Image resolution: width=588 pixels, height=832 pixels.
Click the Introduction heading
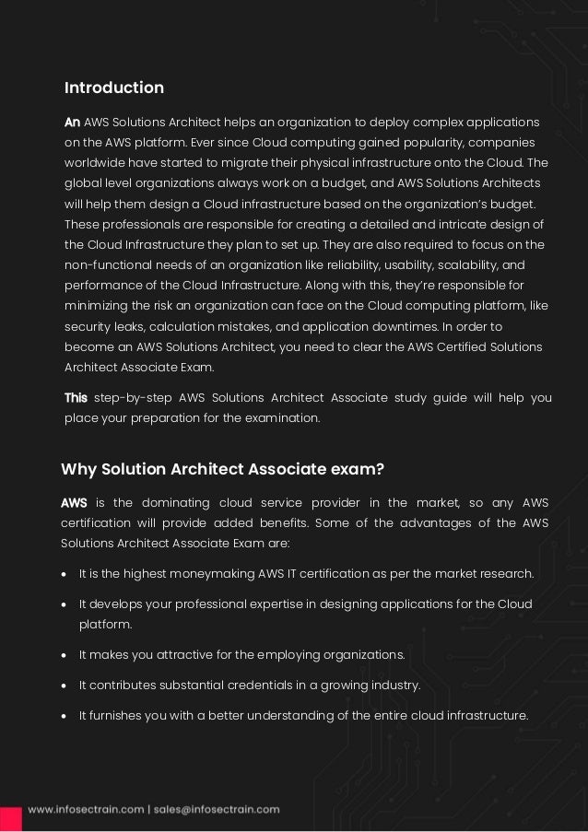(113, 88)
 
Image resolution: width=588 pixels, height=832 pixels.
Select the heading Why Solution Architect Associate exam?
(222, 469)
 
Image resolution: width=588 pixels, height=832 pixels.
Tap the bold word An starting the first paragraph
(72, 123)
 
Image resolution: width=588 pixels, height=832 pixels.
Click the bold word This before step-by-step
(76, 398)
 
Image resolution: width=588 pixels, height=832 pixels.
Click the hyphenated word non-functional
(107, 264)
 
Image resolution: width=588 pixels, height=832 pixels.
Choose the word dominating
(172, 502)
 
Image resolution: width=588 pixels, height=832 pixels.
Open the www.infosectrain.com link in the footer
(85, 810)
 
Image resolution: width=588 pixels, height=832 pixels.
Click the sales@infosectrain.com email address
(214, 810)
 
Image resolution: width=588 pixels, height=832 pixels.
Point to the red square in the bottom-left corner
(10, 817)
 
